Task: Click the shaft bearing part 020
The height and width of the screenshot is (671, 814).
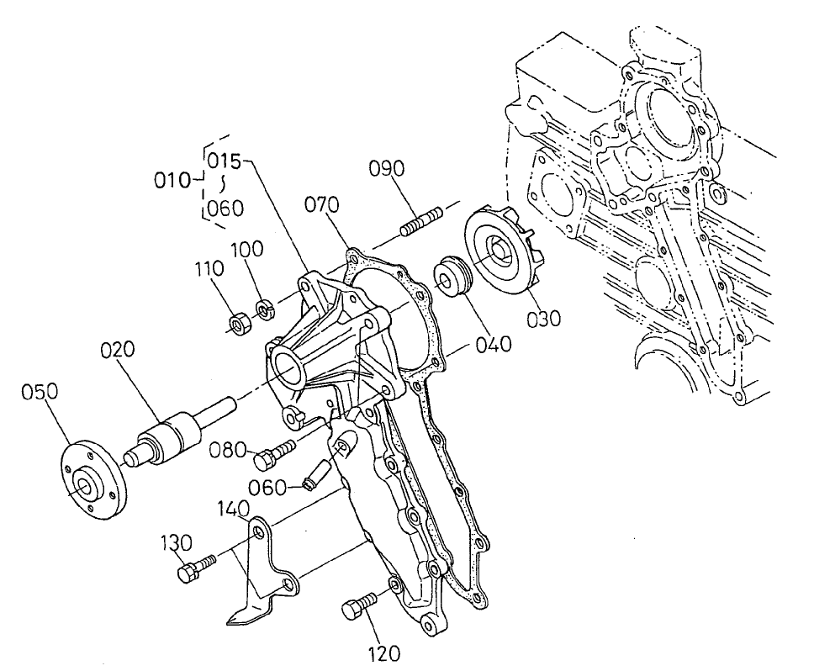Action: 173,432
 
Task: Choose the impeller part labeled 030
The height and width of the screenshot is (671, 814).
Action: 502,253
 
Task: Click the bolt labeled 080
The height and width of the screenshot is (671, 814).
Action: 273,453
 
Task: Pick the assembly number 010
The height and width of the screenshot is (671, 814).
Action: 172,178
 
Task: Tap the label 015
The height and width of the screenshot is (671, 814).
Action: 225,159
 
